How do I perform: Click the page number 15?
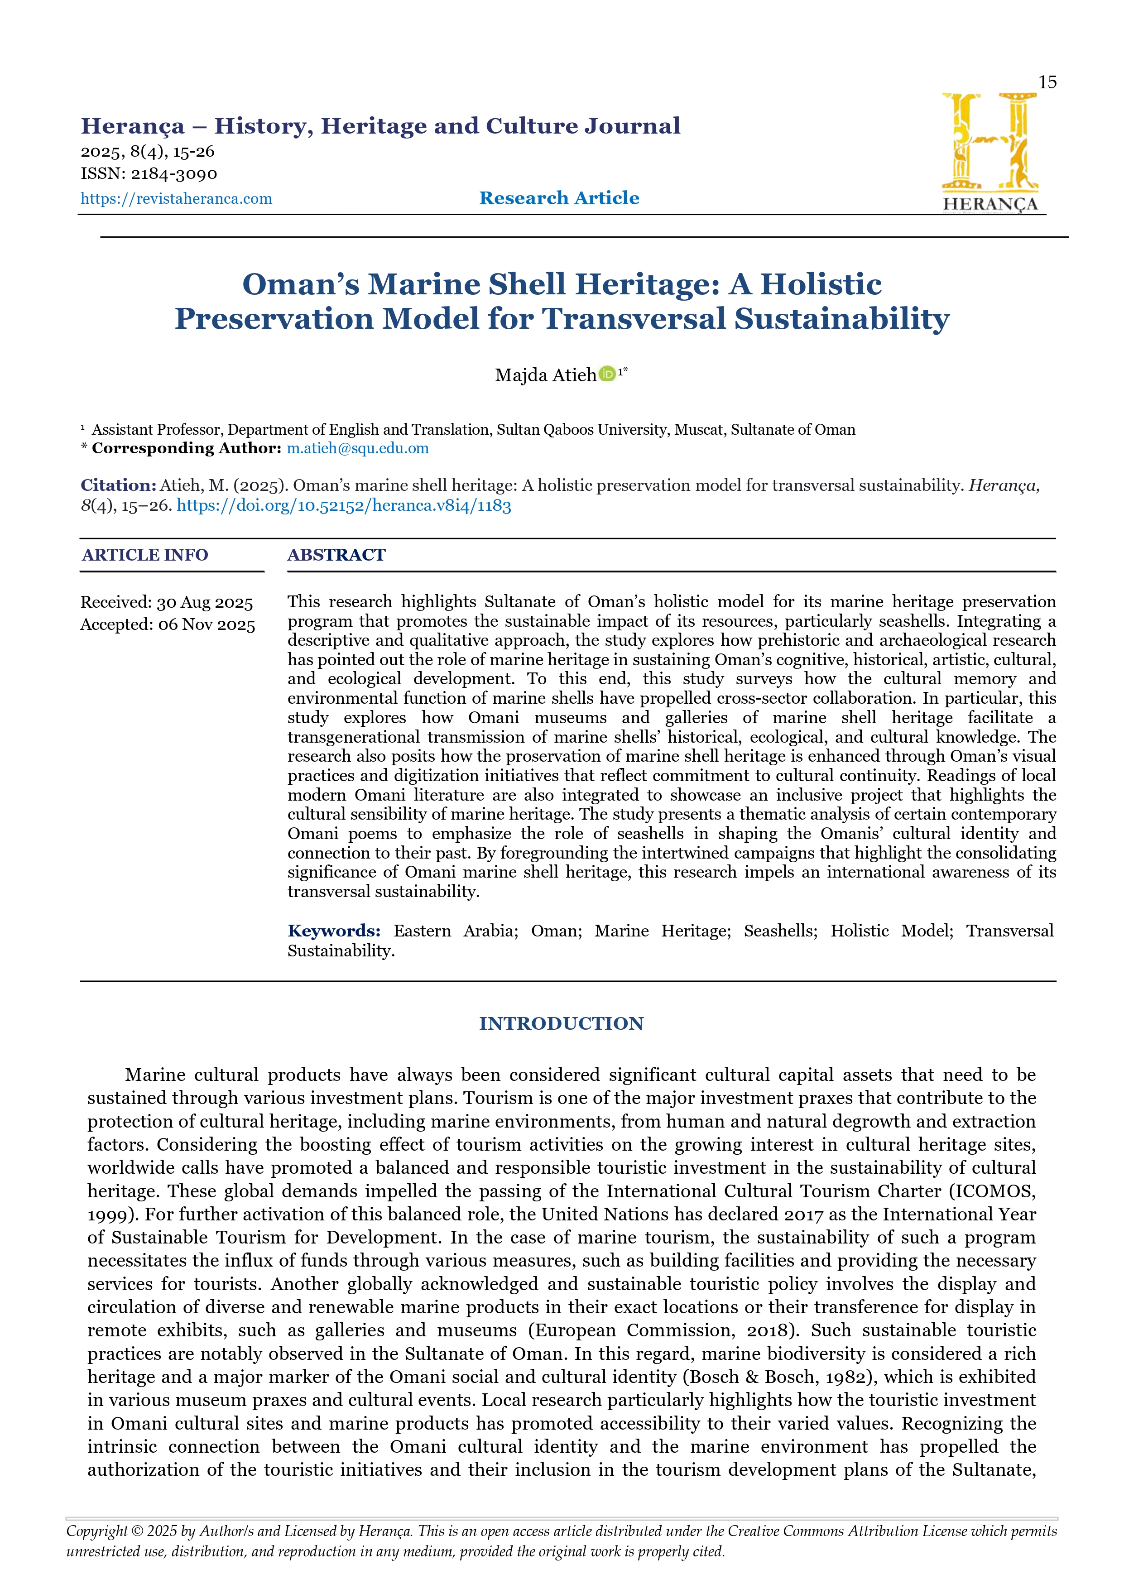tap(1047, 82)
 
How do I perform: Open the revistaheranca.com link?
tap(177, 199)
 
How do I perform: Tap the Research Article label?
tap(559, 198)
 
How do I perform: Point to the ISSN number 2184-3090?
tap(174, 174)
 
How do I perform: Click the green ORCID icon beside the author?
tap(607, 374)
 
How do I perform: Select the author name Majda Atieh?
tap(545, 375)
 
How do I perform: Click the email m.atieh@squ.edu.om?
tap(358, 448)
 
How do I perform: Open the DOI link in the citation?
tap(344, 505)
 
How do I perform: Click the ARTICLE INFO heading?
tap(144, 555)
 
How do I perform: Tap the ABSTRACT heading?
tap(336, 555)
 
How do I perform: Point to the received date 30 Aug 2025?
tap(205, 603)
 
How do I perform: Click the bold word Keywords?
tap(334, 931)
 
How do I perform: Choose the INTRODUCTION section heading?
tap(561, 1023)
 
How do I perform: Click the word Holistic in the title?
tap(821, 284)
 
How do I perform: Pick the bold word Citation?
tap(118, 485)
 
